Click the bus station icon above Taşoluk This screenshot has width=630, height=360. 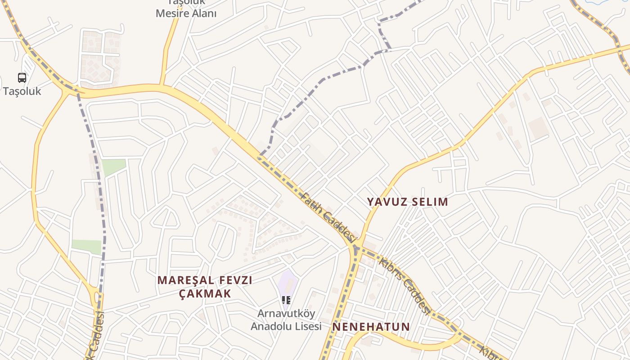22,78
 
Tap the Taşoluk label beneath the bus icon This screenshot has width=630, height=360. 22,91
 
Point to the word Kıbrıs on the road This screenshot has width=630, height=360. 390,268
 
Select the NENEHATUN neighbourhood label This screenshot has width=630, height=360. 371,327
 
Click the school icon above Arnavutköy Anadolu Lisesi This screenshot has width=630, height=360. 286,300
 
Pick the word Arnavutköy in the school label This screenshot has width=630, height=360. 286,313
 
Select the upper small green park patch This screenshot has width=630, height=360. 113,167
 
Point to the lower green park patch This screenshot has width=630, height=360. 87,246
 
